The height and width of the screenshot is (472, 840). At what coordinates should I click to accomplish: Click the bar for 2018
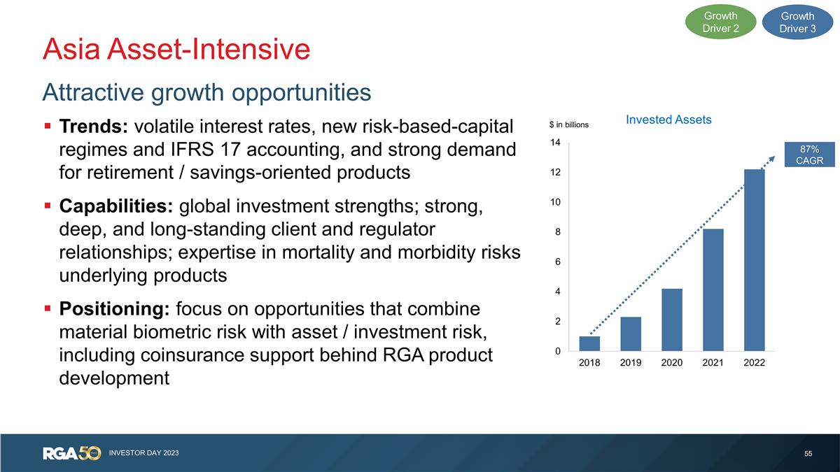click(x=589, y=343)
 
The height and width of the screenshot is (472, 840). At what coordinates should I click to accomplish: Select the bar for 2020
click(x=672, y=320)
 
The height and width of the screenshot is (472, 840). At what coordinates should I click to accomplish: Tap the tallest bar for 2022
click(x=755, y=260)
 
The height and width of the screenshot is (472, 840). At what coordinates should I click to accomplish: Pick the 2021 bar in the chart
click(x=713, y=289)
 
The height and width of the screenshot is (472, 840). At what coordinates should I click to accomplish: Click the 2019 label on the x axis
click(x=631, y=363)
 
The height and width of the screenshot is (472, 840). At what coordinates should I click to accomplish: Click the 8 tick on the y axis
click(x=557, y=232)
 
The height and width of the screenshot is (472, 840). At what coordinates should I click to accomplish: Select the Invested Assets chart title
click(x=668, y=120)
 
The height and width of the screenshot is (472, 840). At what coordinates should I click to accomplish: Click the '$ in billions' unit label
click(x=568, y=125)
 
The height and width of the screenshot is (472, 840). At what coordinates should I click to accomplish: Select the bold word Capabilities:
click(x=116, y=208)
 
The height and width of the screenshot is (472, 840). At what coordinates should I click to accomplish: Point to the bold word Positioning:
click(x=115, y=309)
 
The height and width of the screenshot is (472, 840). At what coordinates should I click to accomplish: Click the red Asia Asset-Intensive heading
click(x=176, y=49)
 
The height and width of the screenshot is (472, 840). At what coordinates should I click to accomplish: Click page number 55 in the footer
click(x=808, y=454)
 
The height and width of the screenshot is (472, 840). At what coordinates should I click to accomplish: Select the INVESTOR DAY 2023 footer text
click(x=144, y=454)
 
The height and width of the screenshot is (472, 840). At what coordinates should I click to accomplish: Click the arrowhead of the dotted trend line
click(x=773, y=159)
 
